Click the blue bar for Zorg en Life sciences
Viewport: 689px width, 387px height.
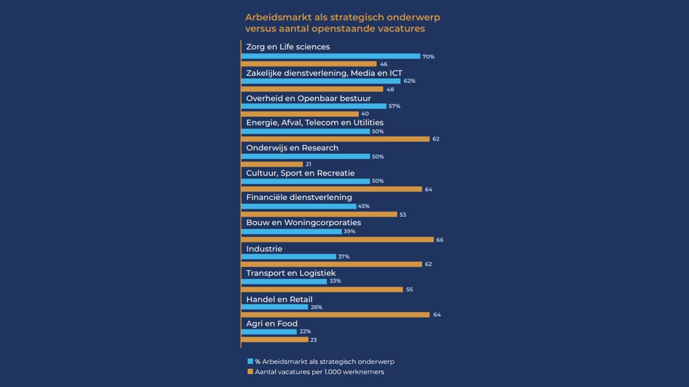[331, 56]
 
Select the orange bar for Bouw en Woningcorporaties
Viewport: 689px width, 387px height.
[338, 239]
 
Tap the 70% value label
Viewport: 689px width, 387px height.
[428, 56]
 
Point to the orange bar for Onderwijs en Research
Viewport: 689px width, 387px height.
[272, 164]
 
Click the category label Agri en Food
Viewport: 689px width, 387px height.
[271, 324]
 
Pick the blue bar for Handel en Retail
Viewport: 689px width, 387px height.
[275, 307]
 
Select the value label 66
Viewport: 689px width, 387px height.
[440, 240]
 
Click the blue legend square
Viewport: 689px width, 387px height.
[250, 361]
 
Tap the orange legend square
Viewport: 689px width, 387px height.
[250, 371]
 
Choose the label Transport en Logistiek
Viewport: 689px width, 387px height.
[291, 273]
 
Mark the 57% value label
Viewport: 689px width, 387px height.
[395, 106]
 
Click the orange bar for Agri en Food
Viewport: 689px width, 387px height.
[275, 340]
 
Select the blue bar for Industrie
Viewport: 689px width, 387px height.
[289, 256]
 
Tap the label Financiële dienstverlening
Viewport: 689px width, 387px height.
[299, 197]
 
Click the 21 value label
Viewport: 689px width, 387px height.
[308, 164]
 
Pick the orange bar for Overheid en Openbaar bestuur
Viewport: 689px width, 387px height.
[300, 114]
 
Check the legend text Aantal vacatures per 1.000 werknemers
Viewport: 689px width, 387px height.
[319, 372]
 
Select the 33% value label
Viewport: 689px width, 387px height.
[335, 281]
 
